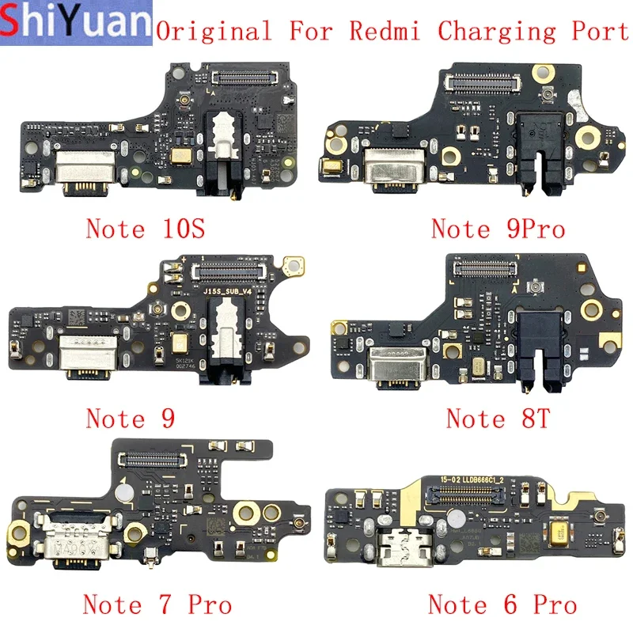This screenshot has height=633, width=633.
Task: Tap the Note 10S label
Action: pos(145,229)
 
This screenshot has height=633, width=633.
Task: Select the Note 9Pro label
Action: pos(498,229)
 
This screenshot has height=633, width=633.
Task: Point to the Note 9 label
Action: pos(131,417)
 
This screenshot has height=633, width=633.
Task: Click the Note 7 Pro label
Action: pos(157,605)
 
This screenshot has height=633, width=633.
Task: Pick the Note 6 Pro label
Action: pos(502,605)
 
